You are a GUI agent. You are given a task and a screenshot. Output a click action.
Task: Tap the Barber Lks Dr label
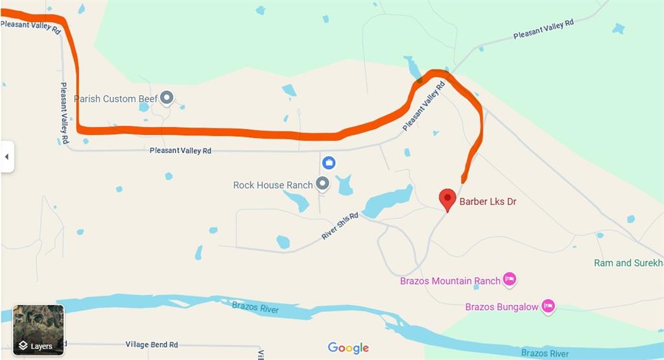point(488,202)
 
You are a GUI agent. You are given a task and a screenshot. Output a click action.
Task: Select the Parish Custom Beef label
point(115,99)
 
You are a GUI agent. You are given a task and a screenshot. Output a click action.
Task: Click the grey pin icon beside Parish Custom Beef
point(167,98)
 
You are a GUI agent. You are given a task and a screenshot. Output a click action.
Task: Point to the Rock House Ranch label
point(273,185)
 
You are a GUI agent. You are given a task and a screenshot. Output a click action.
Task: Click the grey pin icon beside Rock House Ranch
point(322,184)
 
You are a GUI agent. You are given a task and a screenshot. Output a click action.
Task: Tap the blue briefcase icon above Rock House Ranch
point(329,162)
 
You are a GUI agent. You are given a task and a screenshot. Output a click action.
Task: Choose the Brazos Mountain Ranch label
point(450,281)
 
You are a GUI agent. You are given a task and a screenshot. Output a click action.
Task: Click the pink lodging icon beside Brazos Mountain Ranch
point(510,280)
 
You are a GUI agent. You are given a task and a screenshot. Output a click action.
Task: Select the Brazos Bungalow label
point(502,307)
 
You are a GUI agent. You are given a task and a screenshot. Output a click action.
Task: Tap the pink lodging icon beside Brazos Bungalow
point(549,306)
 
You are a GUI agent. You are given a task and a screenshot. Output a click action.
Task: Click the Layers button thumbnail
point(39,330)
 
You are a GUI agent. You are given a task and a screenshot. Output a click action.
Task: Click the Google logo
point(348,348)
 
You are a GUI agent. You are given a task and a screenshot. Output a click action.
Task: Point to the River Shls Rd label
point(340,226)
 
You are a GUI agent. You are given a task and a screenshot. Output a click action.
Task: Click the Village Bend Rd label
point(152,345)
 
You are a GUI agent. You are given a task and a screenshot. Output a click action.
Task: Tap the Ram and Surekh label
point(628,263)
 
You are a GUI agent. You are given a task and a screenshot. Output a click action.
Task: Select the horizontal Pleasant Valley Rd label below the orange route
point(180,150)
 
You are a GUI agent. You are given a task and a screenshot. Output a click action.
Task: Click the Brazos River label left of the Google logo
point(255,307)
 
